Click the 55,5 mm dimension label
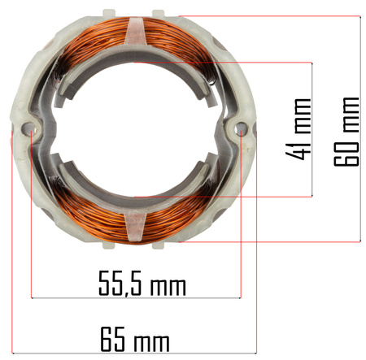point(142,283)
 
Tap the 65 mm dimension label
point(135,339)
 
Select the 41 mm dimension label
point(298,129)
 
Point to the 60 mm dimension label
point(346,132)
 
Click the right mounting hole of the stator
point(241,128)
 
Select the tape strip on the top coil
point(135,31)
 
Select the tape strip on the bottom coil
point(135,227)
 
